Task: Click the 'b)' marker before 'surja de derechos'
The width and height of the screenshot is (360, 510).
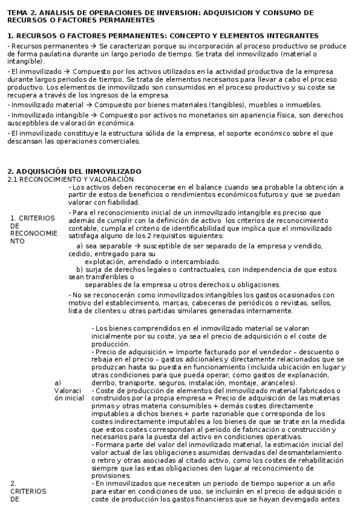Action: pyautogui.click(x=79, y=269)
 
